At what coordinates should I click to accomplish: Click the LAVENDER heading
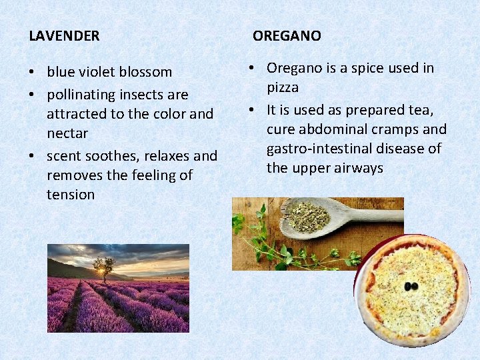point(64,36)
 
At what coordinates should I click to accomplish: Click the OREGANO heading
point(287,36)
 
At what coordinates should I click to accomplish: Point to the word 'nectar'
point(67,133)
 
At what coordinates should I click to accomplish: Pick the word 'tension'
point(71,195)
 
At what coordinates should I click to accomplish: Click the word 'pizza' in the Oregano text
point(283,87)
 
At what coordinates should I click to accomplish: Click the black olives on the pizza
point(411,286)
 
